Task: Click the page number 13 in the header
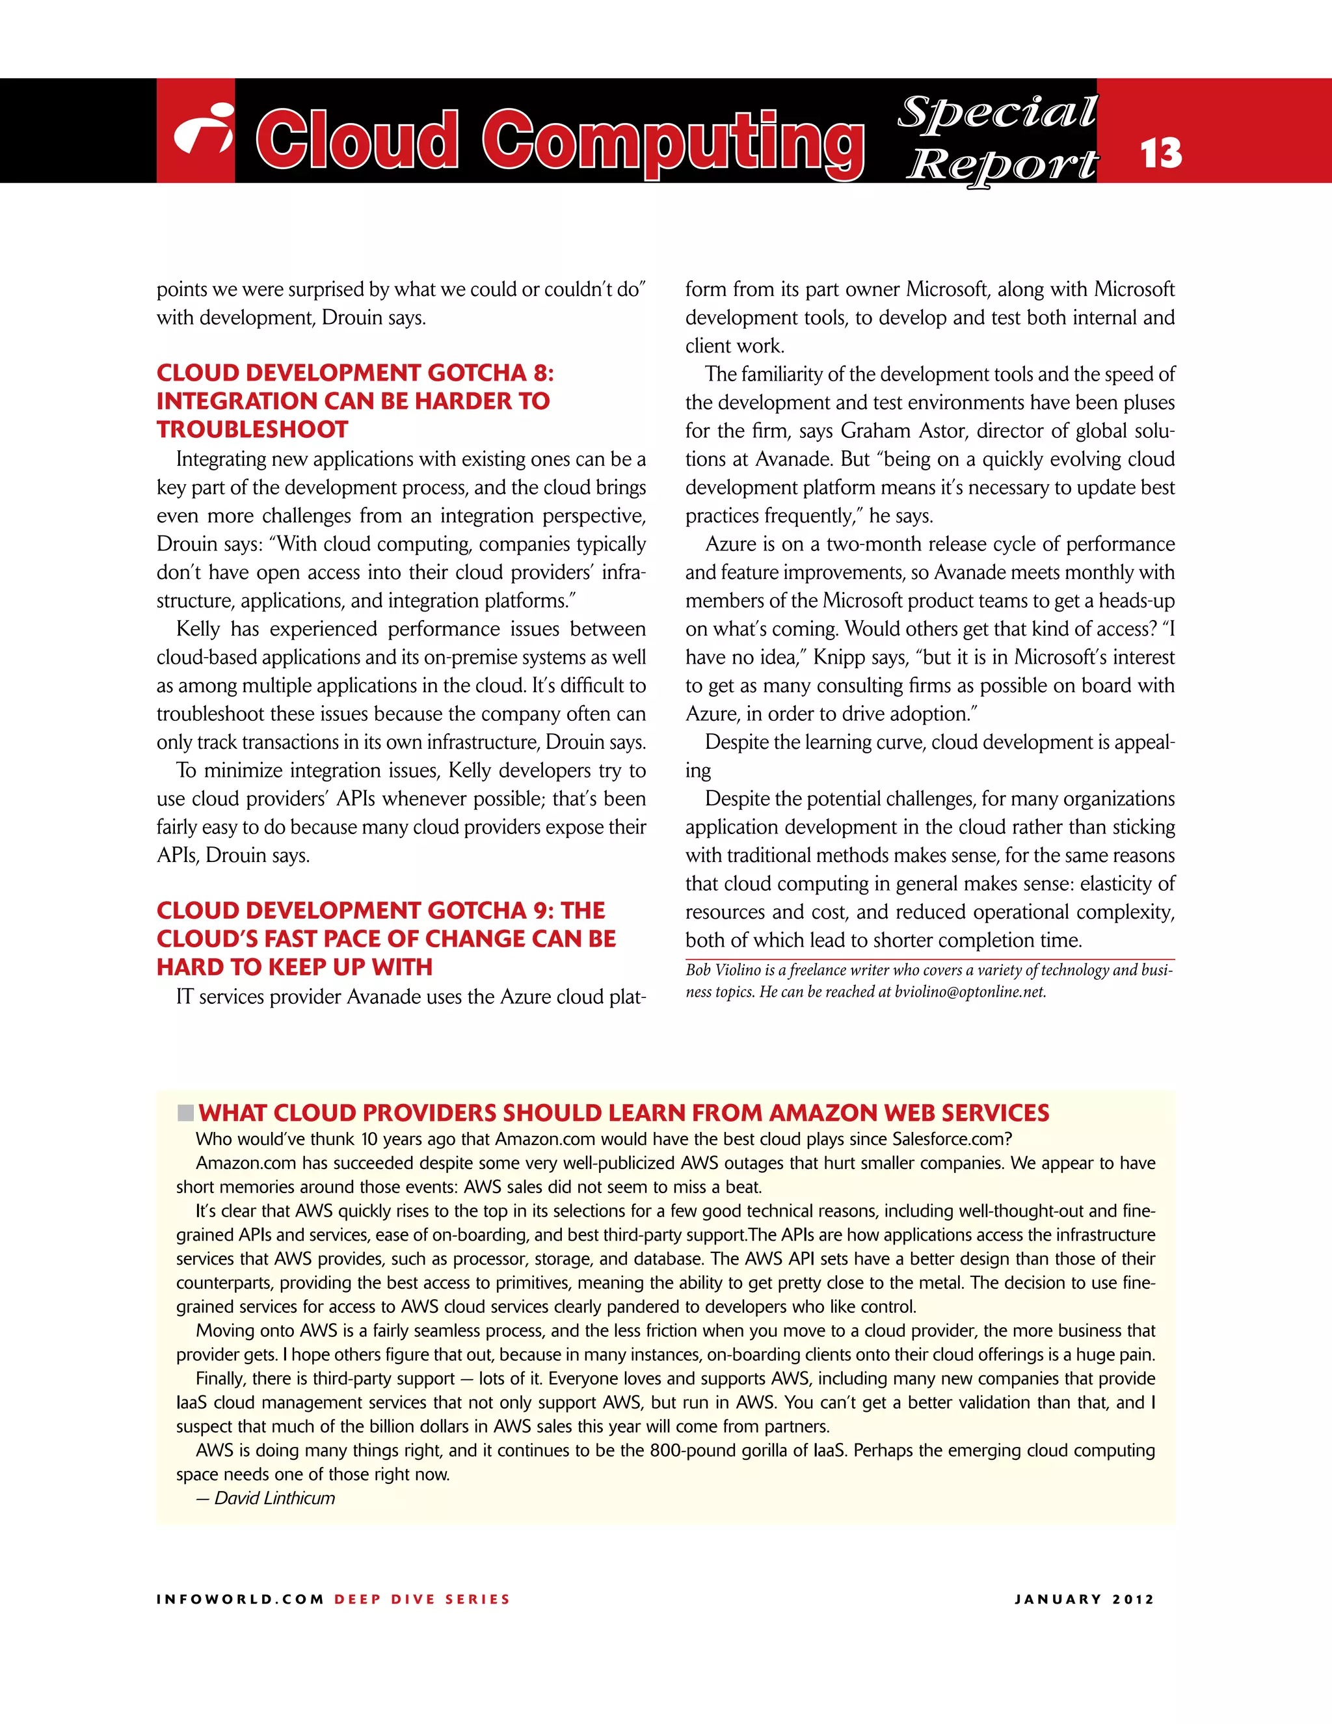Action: [x=1161, y=153]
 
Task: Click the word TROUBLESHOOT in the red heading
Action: [x=252, y=429]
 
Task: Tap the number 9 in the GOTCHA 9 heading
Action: [x=542, y=910]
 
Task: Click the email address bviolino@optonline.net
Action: [x=970, y=991]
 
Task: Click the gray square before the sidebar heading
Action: [x=185, y=1113]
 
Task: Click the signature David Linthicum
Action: [x=274, y=1498]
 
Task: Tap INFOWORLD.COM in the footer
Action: [x=240, y=1599]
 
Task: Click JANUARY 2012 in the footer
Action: [x=1084, y=1599]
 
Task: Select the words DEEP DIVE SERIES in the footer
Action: [x=422, y=1599]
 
